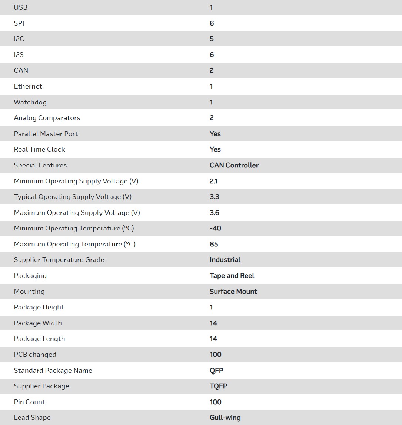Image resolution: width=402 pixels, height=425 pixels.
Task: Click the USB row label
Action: (21, 7)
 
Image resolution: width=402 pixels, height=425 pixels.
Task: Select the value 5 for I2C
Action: (212, 39)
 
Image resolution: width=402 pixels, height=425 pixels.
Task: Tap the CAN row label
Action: (21, 70)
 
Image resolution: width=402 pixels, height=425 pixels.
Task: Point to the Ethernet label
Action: (28, 86)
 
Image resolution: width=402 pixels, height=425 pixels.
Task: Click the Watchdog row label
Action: (30, 102)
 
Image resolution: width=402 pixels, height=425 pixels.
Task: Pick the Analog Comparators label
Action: (47, 118)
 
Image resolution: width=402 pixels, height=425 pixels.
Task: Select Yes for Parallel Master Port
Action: (215, 134)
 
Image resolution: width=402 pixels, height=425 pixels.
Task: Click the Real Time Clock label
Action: (40, 149)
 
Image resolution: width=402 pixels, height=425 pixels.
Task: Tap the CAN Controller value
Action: (234, 165)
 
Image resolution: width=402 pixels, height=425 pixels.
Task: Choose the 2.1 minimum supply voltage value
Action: (214, 181)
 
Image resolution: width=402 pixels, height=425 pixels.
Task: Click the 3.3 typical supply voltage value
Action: (215, 197)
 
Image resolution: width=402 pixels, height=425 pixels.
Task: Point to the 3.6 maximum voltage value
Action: (215, 213)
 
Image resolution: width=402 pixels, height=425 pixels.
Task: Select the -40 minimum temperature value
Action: (215, 228)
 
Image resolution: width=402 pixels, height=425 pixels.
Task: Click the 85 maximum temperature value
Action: (214, 244)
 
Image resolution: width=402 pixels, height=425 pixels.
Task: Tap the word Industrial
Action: (225, 260)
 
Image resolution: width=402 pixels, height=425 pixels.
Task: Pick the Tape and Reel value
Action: (232, 276)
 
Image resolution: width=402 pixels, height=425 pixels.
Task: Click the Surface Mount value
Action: (233, 292)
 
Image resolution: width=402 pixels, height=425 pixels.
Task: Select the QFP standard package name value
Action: (216, 371)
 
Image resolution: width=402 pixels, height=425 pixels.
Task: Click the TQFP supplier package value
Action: (219, 386)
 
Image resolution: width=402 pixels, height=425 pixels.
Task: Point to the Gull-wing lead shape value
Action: (225, 418)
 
